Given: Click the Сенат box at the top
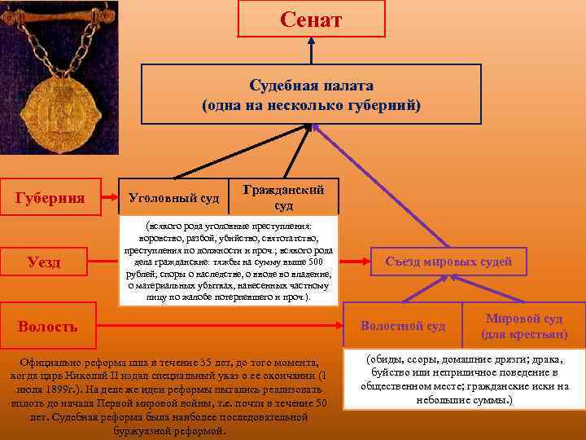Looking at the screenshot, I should (x=311, y=19).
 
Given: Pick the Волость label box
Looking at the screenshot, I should (x=49, y=326).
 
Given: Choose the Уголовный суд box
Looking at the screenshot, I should (x=173, y=198).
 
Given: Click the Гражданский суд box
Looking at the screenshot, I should (x=284, y=196).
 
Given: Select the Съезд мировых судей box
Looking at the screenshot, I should (x=448, y=262).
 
